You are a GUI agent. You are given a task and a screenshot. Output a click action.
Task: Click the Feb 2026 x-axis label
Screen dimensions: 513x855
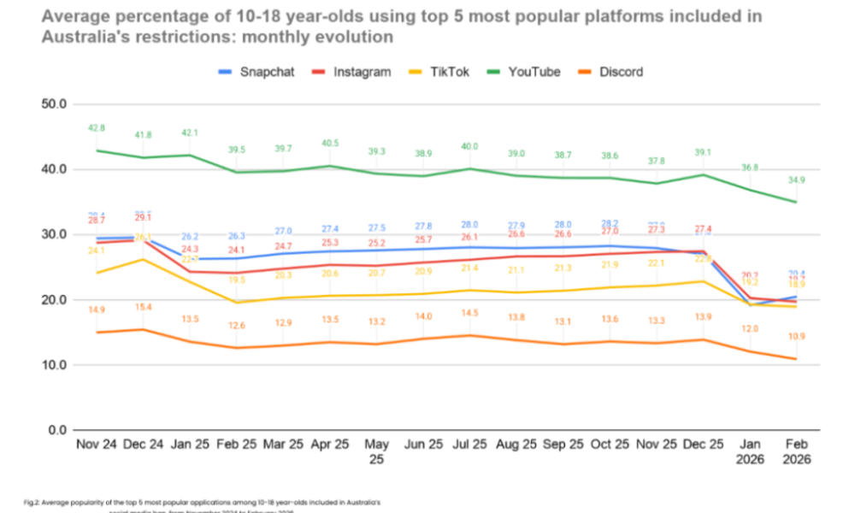pos(796,453)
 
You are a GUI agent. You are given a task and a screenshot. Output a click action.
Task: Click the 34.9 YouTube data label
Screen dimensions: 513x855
pos(796,181)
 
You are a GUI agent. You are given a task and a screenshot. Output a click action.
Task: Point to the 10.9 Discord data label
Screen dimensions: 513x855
pos(796,337)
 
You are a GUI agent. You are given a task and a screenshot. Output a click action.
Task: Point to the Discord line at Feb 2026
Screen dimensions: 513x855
pos(796,359)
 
